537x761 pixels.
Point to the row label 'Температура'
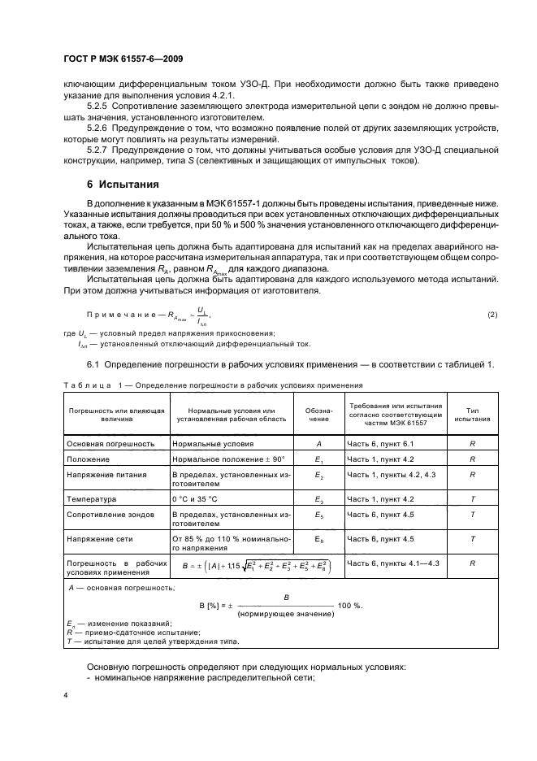91,498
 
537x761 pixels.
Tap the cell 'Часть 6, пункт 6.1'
380,444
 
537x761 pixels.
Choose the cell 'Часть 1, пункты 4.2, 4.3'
392,474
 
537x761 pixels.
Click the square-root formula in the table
256,567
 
